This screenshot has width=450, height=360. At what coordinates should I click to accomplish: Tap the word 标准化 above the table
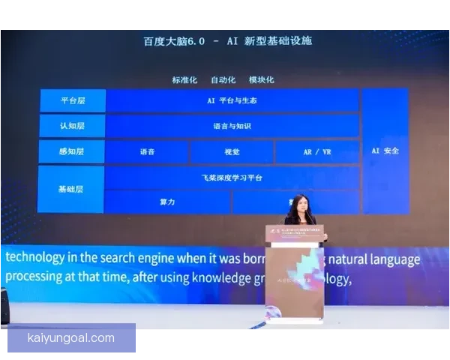tap(184, 79)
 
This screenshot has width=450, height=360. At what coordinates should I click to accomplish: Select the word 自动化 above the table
tap(223, 79)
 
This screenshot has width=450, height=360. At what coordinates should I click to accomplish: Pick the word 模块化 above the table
tap(261, 79)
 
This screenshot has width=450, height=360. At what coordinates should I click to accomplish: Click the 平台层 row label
tap(72, 100)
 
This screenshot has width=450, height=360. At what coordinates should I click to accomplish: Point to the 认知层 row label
tap(72, 126)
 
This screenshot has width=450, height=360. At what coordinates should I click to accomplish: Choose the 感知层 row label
tap(72, 151)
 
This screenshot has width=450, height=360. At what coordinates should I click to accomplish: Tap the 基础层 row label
tap(72, 189)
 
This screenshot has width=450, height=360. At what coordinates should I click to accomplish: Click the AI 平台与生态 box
tap(232, 100)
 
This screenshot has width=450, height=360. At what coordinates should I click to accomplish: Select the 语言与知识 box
tap(232, 126)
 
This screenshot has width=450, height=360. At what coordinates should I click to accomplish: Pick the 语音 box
tap(147, 151)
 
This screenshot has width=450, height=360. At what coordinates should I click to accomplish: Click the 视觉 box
tap(232, 151)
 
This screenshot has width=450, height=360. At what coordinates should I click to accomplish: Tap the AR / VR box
tap(316, 151)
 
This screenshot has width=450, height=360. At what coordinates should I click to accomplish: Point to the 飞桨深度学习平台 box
tap(232, 178)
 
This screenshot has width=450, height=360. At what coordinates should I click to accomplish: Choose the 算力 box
tap(167, 202)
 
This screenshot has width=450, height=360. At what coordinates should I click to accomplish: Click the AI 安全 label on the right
tap(385, 151)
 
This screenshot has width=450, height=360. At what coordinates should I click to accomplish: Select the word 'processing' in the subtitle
tap(35, 279)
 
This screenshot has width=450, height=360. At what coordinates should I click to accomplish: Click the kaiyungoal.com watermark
tap(71, 338)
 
